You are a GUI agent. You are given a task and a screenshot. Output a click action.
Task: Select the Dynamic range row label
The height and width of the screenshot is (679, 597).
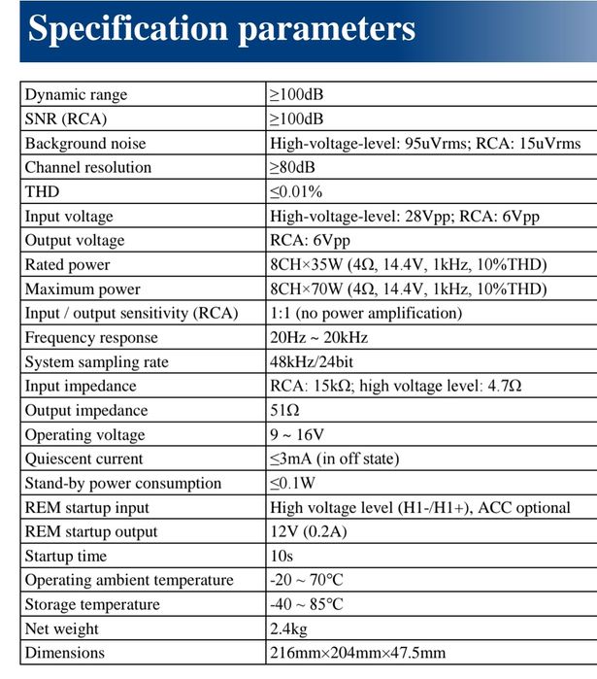click(76, 95)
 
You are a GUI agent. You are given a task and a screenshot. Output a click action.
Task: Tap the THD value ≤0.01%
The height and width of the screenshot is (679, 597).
click(296, 192)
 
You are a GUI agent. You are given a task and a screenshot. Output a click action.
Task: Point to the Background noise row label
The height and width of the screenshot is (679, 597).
click(84, 144)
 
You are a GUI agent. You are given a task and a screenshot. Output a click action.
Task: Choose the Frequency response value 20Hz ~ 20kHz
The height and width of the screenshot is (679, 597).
click(318, 338)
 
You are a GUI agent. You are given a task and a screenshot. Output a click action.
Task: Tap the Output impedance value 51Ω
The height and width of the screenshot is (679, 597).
click(284, 411)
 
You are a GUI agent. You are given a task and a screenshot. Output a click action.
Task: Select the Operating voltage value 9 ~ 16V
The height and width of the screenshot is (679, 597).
click(299, 435)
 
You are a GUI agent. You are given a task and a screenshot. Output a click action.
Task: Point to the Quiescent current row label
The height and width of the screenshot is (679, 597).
click(83, 459)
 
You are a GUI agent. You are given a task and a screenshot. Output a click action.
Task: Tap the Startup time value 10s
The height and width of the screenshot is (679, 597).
click(281, 557)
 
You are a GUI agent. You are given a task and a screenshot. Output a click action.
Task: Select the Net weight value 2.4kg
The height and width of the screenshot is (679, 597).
click(288, 629)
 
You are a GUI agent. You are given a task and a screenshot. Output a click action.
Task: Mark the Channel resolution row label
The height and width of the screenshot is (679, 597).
click(87, 168)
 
